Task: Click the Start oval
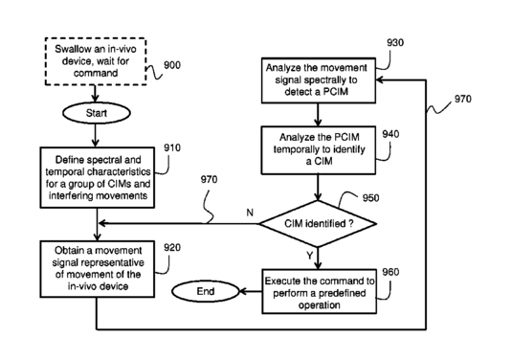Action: (97, 113)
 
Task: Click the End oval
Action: (206, 291)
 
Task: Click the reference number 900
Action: (171, 65)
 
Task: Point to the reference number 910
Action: (171, 148)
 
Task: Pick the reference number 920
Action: (171, 248)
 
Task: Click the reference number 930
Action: (395, 42)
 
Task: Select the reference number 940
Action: (390, 134)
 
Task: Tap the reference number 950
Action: (370, 198)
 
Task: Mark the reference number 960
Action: (390, 272)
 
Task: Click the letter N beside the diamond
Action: (250, 213)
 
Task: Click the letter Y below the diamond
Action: (309, 256)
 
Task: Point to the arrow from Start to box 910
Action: (96, 135)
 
